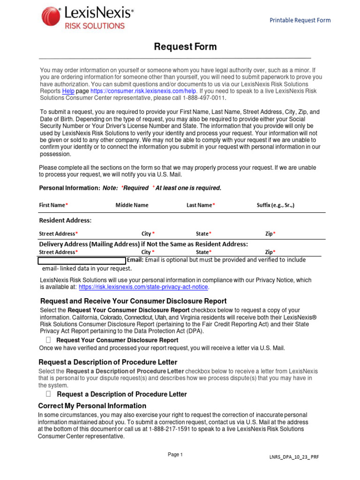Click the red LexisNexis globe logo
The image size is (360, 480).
(x=51, y=17)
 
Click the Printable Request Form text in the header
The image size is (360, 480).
(x=300, y=20)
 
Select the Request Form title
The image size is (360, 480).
(x=186, y=46)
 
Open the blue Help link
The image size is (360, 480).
(x=68, y=91)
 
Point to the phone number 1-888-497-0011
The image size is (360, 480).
(x=204, y=98)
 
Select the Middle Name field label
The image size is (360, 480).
(x=132, y=205)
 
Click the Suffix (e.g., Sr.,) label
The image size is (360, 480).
(x=276, y=205)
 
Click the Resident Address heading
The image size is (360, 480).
(x=65, y=220)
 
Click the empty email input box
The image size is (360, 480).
(x=82, y=260)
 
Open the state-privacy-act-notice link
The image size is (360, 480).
(x=143, y=287)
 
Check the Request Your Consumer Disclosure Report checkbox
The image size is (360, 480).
(x=48, y=340)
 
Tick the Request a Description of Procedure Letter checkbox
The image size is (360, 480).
(x=48, y=394)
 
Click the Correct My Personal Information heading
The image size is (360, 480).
(x=92, y=406)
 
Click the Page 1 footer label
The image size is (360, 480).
(x=175, y=455)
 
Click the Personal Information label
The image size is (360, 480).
(x=69, y=188)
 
